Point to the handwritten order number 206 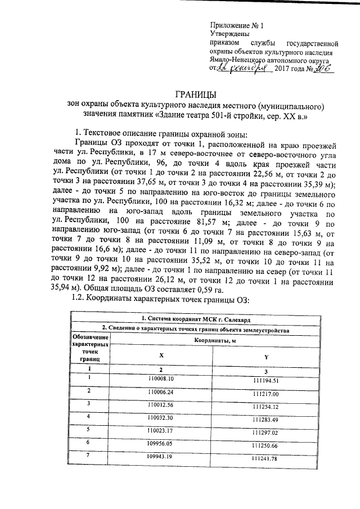pos(319,68)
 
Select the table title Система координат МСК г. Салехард pos(195,319)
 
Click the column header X pos(161,355)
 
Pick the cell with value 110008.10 pos(161,379)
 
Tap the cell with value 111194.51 pos(265,381)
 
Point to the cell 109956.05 pos(161,444)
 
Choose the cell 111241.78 pos(265,459)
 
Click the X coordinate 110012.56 pos(161,405)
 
